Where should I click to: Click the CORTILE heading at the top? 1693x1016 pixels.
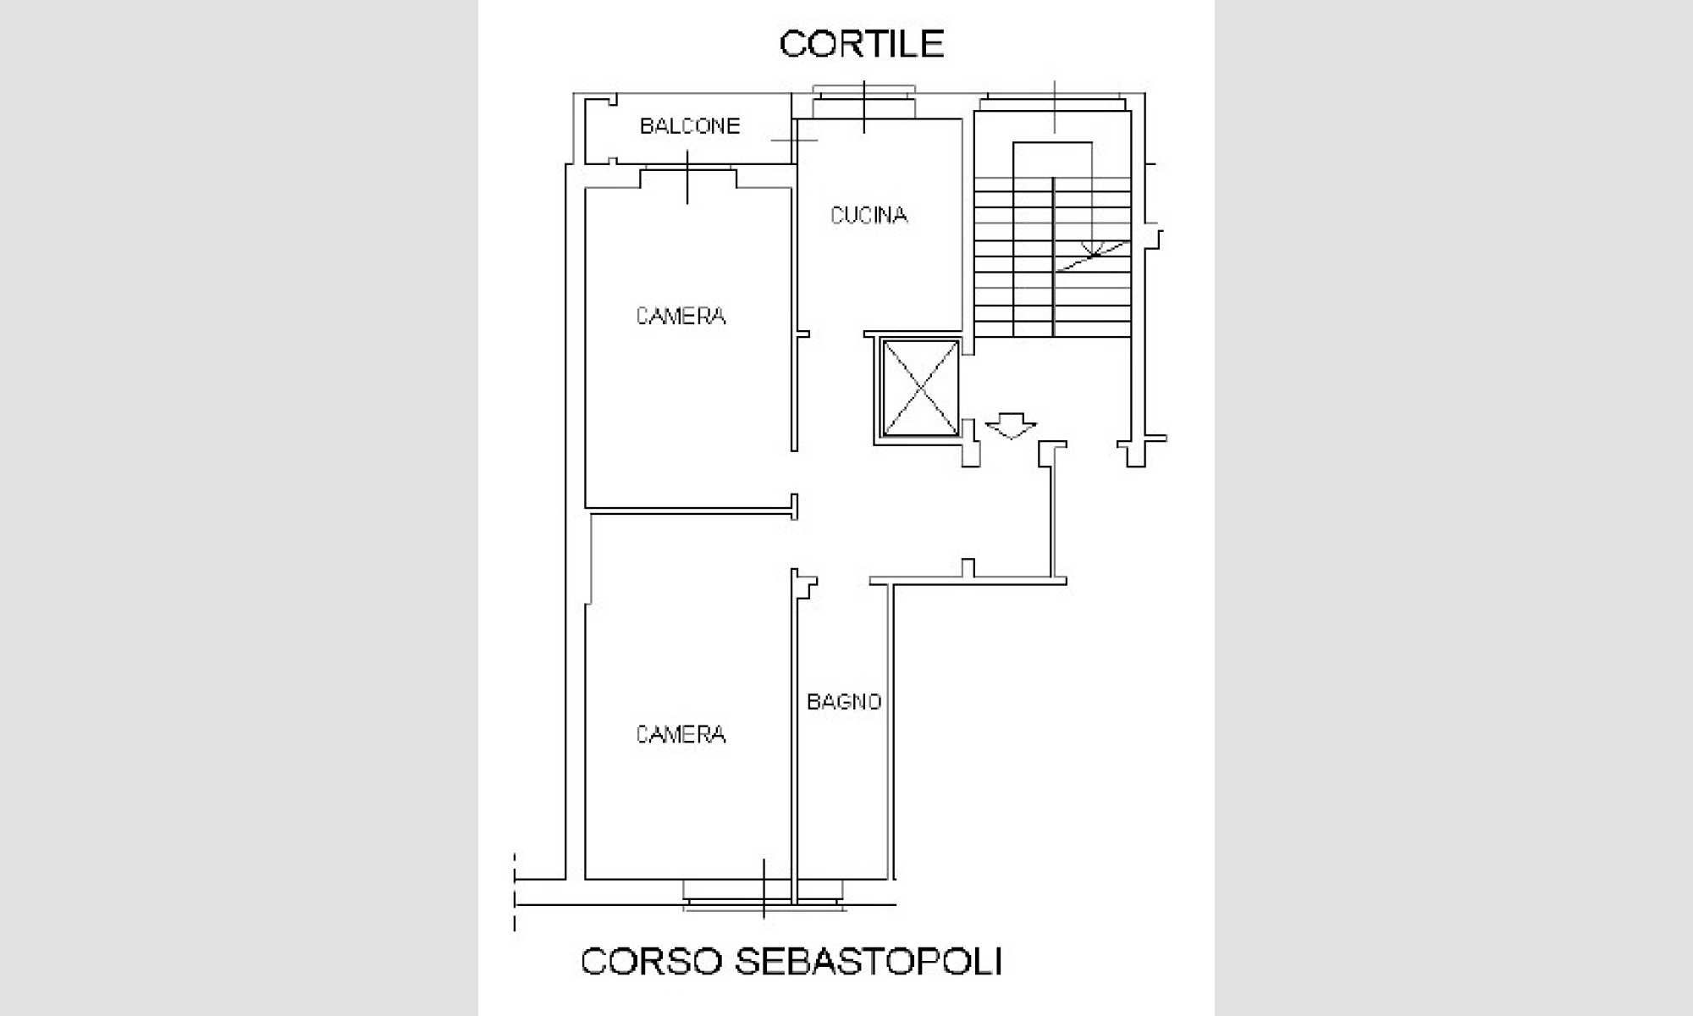[862, 44]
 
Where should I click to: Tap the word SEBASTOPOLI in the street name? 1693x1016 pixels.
[868, 962]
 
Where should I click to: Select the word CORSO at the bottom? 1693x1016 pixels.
[651, 962]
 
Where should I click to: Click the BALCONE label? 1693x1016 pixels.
[690, 126]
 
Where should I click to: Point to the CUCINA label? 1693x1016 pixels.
[869, 216]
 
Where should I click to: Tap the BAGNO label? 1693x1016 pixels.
[844, 702]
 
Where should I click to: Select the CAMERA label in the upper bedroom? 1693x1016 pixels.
[681, 317]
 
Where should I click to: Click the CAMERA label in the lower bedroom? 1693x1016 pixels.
[681, 734]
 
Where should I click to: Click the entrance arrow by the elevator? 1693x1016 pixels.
[1011, 425]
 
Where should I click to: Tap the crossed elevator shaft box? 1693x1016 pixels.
[920, 387]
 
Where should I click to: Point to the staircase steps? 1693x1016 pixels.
[1053, 257]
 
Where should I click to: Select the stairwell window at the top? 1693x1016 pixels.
[1054, 103]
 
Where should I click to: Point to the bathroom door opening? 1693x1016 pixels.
[843, 582]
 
